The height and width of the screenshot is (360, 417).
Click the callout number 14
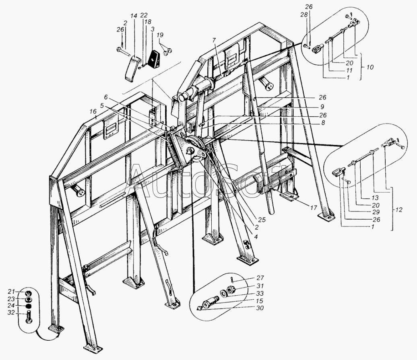134,16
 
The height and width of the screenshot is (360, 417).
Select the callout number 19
161,35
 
